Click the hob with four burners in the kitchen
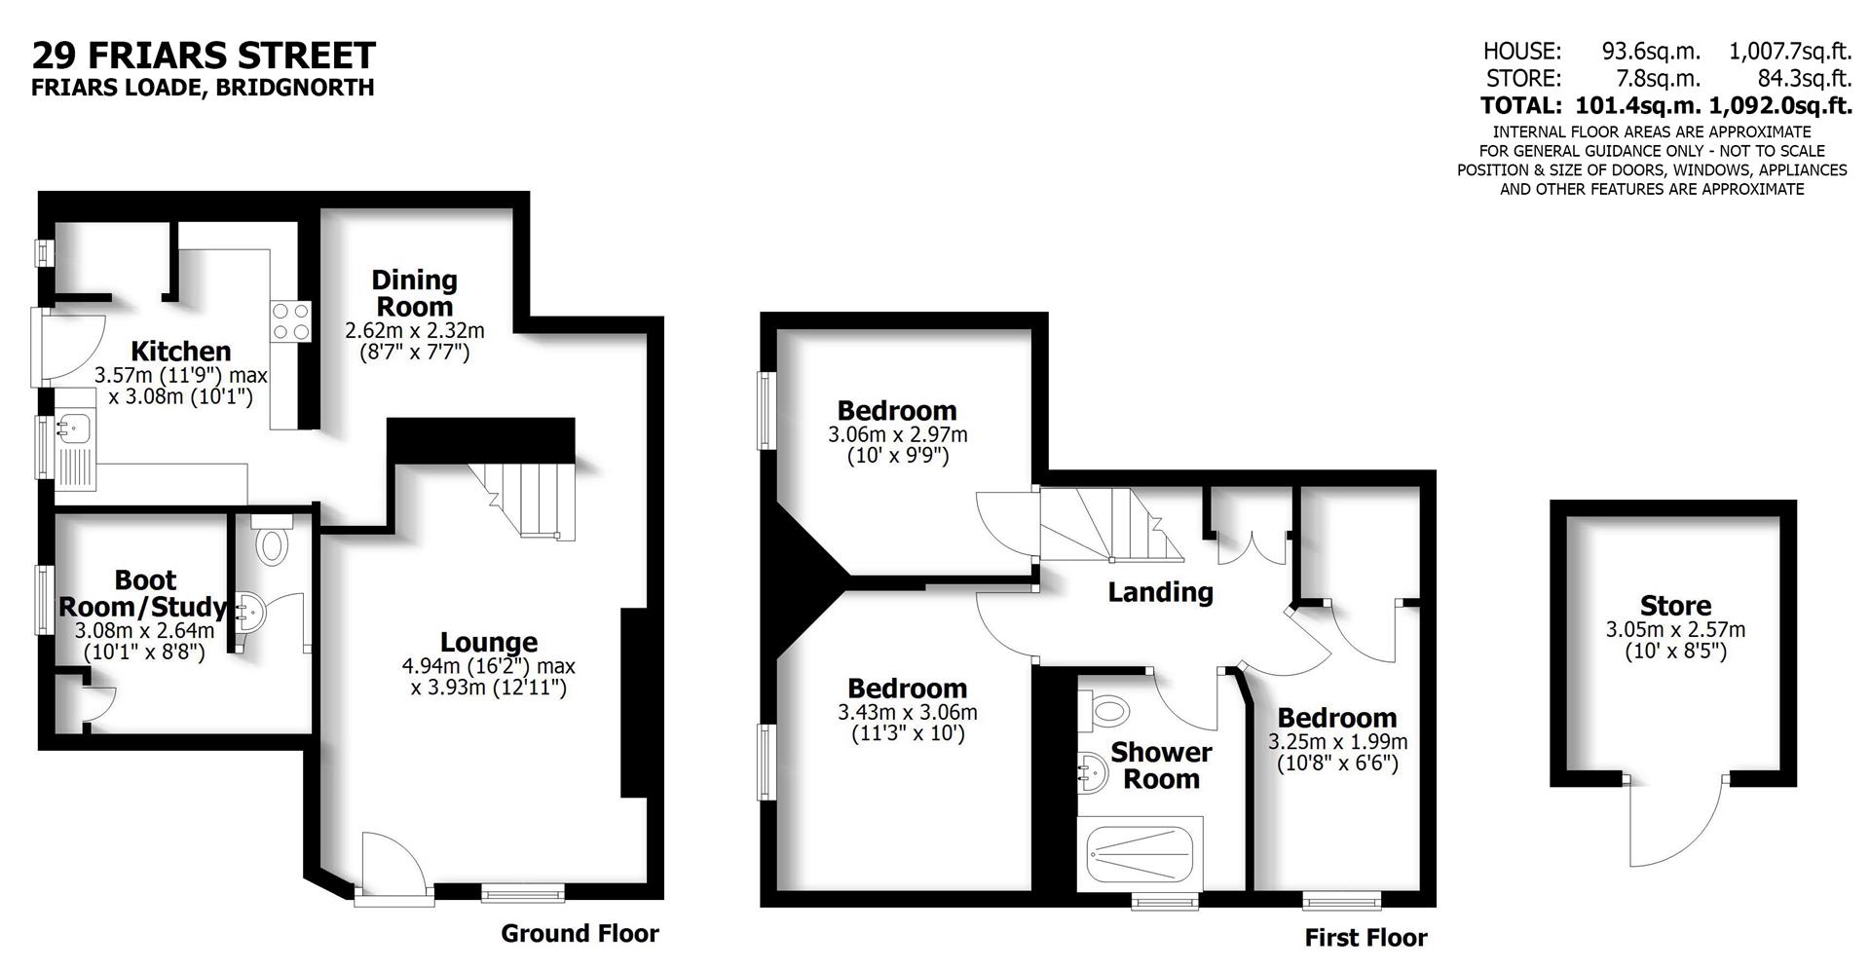[x=291, y=321]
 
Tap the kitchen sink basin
[x=72, y=426]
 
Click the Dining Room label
[x=415, y=293]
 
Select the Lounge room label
[x=489, y=642]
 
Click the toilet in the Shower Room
[x=1104, y=708]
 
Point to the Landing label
[x=1160, y=592]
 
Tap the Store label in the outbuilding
[x=1675, y=606]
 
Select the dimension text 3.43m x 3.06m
[x=907, y=712]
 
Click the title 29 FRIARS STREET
[x=204, y=55]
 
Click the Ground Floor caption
[x=580, y=933]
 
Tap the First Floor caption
[x=1365, y=938]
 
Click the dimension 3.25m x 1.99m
[x=1337, y=741]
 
